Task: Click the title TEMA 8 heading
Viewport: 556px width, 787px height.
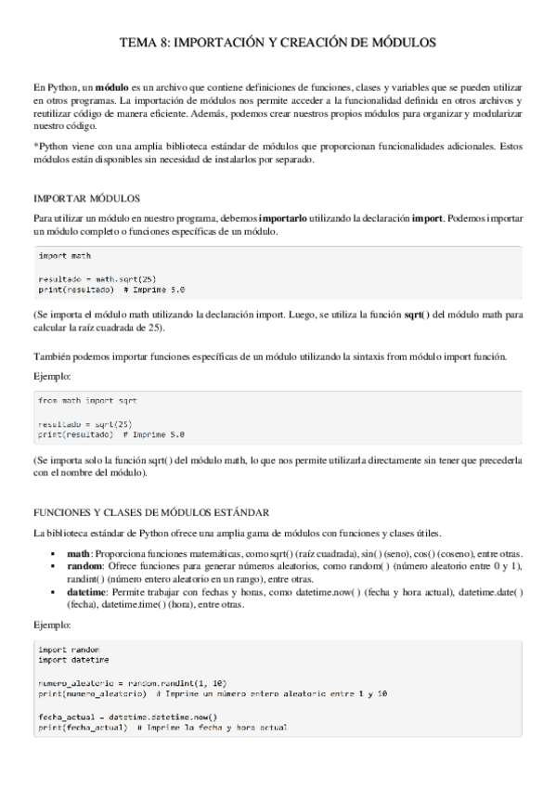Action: pos(278,43)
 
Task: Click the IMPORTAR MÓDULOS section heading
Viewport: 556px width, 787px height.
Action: pos(86,199)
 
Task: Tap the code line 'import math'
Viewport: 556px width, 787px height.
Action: pos(64,254)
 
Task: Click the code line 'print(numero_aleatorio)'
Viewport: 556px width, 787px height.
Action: pos(91,692)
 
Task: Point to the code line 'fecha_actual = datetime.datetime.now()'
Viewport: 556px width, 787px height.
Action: pos(127,716)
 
